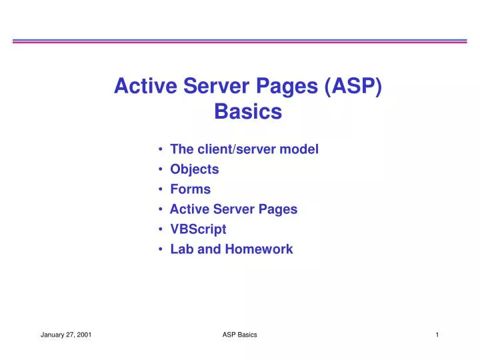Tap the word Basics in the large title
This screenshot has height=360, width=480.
[x=248, y=113]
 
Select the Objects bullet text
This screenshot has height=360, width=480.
[x=194, y=169]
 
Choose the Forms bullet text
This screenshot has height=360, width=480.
[x=190, y=189]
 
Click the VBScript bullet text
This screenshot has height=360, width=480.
[x=198, y=229]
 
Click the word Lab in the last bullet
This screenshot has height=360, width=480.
[x=180, y=249]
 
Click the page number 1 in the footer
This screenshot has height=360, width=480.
[x=437, y=335]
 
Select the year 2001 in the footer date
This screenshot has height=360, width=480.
[x=84, y=335]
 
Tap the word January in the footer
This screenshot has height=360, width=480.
[x=52, y=335]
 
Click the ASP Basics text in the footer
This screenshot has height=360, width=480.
[x=239, y=335]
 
